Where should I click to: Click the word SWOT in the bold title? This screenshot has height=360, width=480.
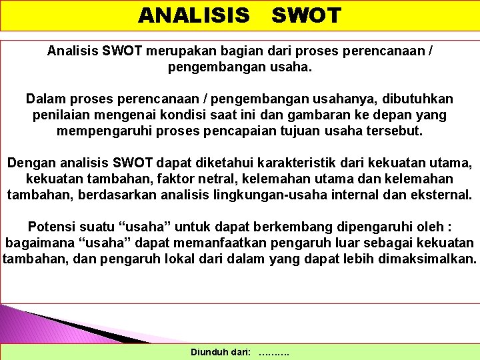(306, 15)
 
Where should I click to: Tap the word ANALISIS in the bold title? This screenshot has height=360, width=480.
(194, 15)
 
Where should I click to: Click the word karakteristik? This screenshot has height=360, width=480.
(293, 163)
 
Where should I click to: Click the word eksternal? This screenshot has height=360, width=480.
(437, 195)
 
